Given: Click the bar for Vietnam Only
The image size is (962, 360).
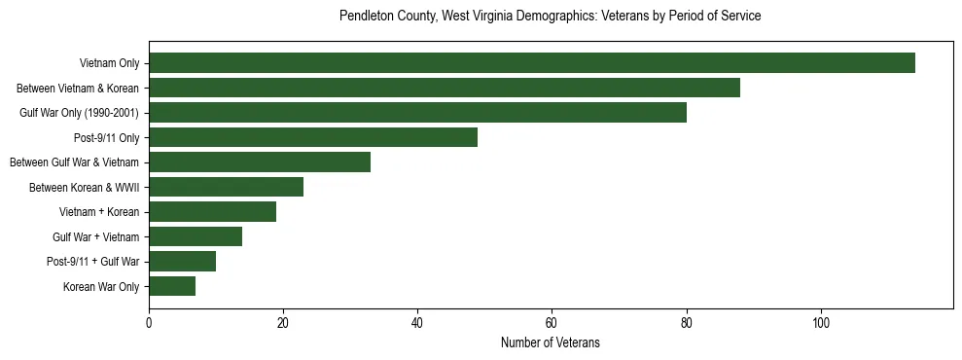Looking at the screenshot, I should click(x=531, y=63).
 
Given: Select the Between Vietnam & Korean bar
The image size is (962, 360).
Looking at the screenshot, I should click(x=444, y=88).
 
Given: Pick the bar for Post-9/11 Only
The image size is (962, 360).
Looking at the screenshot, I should click(x=313, y=137).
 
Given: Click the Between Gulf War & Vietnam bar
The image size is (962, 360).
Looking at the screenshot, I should click(x=260, y=162).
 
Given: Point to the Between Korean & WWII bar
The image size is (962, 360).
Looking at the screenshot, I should click(x=226, y=187).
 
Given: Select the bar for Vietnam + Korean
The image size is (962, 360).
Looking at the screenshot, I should click(x=212, y=212).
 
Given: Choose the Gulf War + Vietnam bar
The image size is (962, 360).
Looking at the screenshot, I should click(x=196, y=236).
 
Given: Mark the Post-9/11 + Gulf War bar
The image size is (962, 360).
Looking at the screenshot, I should click(x=182, y=262).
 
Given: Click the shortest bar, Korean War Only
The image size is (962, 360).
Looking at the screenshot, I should click(x=172, y=286).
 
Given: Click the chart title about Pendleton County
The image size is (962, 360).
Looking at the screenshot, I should click(x=550, y=17).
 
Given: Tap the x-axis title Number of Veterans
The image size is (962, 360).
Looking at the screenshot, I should click(x=550, y=343).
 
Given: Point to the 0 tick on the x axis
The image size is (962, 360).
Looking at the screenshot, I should click(x=149, y=323).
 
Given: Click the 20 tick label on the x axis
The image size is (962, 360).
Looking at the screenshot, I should click(x=283, y=323).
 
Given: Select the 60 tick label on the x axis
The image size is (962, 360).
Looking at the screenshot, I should click(x=552, y=323).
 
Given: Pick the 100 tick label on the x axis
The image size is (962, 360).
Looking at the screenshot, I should click(x=821, y=323).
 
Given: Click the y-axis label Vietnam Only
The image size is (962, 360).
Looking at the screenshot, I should click(x=109, y=63).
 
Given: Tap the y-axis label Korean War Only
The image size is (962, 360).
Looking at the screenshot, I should click(x=102, y=286).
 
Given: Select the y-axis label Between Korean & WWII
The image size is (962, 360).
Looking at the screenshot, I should click(x=84, y=187).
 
